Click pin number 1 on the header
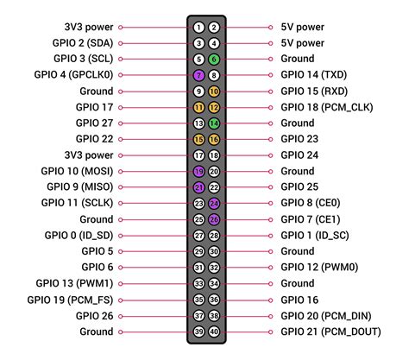[x=198, y=27]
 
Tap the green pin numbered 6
[x=214, y=59]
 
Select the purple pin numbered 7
[x=198, y=75]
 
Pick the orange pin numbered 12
[x=214, y=107]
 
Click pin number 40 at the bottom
[x=214, y=332]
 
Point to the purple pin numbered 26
[x=214, y=219]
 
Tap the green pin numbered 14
[x=214, y=123]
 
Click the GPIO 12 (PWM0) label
[x=320, y=268]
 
